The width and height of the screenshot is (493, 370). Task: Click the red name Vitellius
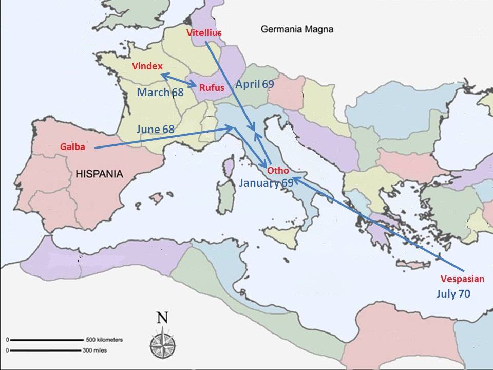pos(204,32)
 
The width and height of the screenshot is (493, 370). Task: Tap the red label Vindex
pos(147,66)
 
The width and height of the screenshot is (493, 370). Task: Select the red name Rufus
pos(212,88)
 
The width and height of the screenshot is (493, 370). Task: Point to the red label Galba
pos(72,147)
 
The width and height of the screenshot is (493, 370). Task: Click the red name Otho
pos(278,171)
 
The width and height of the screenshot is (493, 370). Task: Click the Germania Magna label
pos(297,29)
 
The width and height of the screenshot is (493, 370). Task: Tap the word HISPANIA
pos(100,174)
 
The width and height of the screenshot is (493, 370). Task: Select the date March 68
pos(160,92)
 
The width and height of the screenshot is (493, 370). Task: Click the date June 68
pos(155,129)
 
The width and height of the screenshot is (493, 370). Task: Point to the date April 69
pos(255,84)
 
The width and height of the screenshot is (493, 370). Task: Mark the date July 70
pos(453,294)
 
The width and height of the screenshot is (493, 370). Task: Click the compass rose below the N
pos(162,341)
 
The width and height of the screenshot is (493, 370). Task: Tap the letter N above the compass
pos(162,318)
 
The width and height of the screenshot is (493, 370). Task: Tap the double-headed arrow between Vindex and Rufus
pos(179,80)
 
